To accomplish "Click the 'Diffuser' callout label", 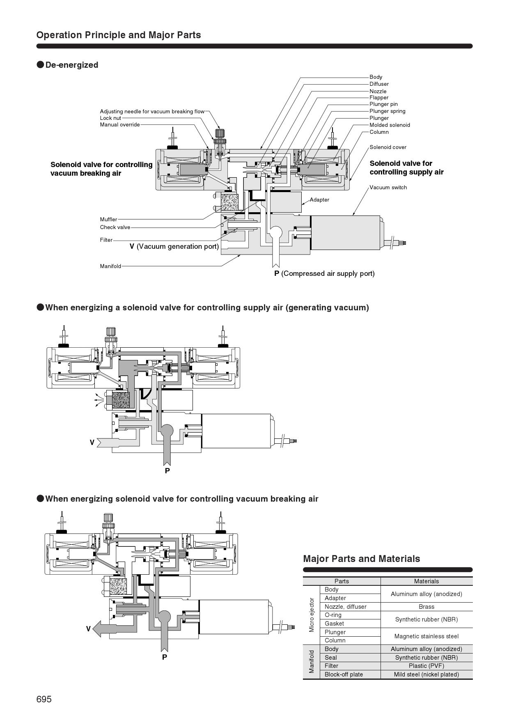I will pyautogui.click(x=379, y=84).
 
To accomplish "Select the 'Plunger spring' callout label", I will pyautogui.click(x=387, y=111).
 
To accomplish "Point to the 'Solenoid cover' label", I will pyautogui.click(x=388, y=147).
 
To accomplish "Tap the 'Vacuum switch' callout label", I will pyautogui.click(x=388, y=188).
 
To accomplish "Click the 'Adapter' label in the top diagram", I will pyautogui.click(x=319, y=200).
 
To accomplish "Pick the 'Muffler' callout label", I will pyautogui.click(x=108, y=220).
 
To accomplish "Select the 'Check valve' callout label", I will pyautogui.click(x=115, y=227).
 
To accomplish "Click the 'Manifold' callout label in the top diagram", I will pyautogui.click(x=110, y=266).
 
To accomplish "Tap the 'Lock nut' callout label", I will pyautogui.click(x=110, y=118).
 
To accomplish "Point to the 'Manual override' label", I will pyautogui.click(x=120, y=125).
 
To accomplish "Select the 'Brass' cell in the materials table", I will pyautogui.click(x=426, y=607).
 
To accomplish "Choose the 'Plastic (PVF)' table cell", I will pyautogui.click(x=426, y=666).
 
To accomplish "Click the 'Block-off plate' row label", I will pyautogui.click(x=344, y=674).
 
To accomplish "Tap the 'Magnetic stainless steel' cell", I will pyautogui.click(x=426, y=636).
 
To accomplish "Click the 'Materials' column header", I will pyautogui.click(x=426, y=581).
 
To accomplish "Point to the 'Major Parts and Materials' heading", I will pyautogui.click(x=361, y=559).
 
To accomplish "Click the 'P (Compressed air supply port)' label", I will pyautogui.click(x=324, y=274).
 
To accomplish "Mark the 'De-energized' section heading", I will pyautogui.click(x=72, y=65).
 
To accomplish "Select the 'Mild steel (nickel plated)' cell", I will pyautogui.click(x=426, y=674).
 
